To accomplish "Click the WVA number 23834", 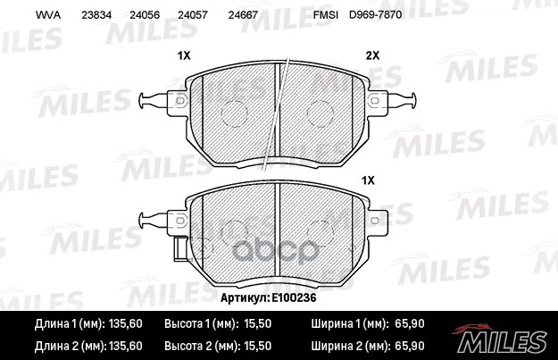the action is coord(96,15).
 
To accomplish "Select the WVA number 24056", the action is coord(145,15).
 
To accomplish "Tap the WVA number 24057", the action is coord(192,15).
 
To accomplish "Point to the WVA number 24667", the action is coord(243,15).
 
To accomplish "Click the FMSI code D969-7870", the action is coord(376,15).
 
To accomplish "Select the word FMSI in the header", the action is coord(326,15).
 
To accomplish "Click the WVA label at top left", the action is coord(48,15).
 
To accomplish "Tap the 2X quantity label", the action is coord(372,55).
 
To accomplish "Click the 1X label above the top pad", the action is coord(184,55).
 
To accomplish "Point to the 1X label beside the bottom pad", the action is coord(368,180).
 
